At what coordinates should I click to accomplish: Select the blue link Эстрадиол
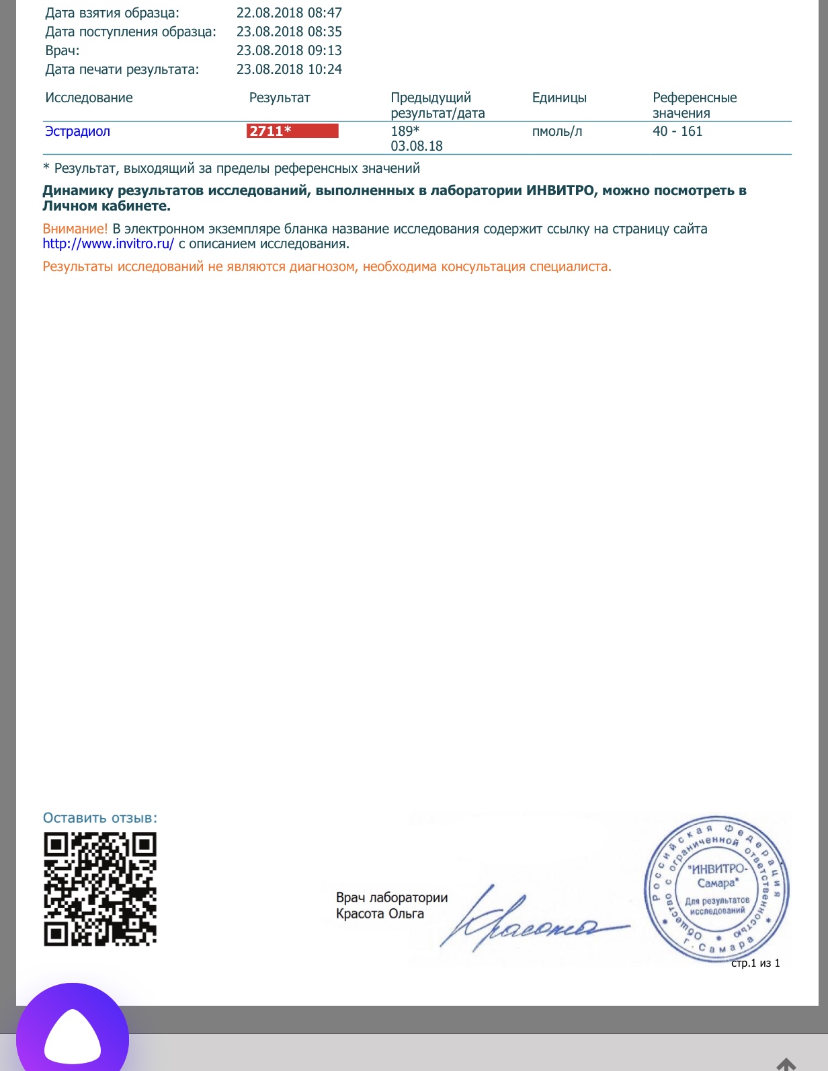pyautogui.click(x=77, y=131)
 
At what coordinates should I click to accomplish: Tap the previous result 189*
pyautogui.click(x=405, y=131)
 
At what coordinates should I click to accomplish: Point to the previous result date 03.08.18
pyautogui.click(x=417, y=146)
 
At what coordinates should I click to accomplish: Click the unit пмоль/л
pyautogui.click(x=557, y=131)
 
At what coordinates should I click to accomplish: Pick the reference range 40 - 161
pyautogui.click(x=677, y=131)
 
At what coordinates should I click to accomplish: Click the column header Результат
pyautogui.click(x=280, y=98)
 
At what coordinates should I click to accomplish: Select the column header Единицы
pyautogui.click(x=559, y=98)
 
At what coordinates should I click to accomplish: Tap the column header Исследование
pyautogui.click(x=89, y=98)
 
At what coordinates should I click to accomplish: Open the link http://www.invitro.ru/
pyautogui.click(x=108, y=244)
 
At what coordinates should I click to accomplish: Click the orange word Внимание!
pyautogui.click(x=75, y=229)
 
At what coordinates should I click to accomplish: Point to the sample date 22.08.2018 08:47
pyautogui.click(x=289, y=13)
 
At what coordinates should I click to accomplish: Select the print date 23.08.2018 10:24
pyautogui.click(x=289, y=69)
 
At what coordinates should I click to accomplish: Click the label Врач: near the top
pyautogui.click(x=62, y=50)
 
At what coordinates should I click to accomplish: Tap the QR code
pyautogui.click(x=100, y=889)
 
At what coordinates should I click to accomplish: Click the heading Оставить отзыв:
pyautogui.click(x=100, y=818)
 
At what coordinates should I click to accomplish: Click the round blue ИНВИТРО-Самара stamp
pyautogui.click(x=716, y=889)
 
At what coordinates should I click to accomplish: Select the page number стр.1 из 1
pyautogui.click(x=755, y=963)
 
